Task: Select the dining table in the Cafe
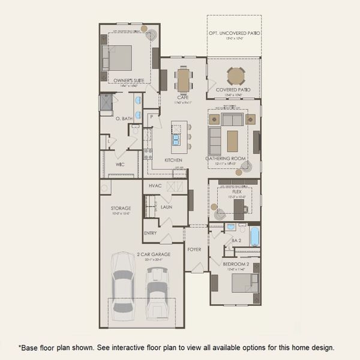pyautogui.click(x=183, y=79)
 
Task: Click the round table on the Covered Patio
pyautogui.click(x=235, y=76)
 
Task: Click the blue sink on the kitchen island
pyautogui.click(x=177, y=139)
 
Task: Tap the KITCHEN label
pyautogui.click(x=173, y=160)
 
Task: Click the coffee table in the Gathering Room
pyautogui.click(x=233, y=140)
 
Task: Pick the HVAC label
pyautogui.click(x=155, y=186)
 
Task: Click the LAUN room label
pyautogui.click(x=166, y=206)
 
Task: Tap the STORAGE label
pyautogui.click(x=121, y=208)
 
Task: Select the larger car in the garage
pyautogui.click(x=122, y=282)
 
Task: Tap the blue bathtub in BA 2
pyautogui.click(x=254, y=236)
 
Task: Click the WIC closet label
pyautogui.click(x=119, y=163)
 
